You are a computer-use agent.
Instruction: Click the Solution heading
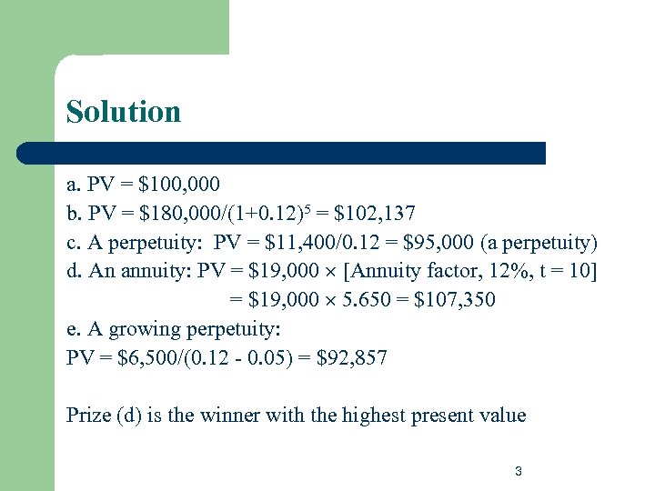tap(124, 112)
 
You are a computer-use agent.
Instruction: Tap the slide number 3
tap(518, 471)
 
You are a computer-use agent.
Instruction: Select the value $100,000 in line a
tap(179, 185)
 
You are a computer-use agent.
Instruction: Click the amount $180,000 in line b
tap(183, 214)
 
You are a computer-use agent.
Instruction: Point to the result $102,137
tap(375, 214)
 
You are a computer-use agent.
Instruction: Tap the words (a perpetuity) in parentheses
tap(537, 243)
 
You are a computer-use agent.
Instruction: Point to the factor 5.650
tap(365, 300)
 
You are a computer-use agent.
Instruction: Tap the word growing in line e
tap(144, 329)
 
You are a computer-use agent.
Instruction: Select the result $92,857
tap(352, 358)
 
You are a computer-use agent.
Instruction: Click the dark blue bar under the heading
tap(282, 153)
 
